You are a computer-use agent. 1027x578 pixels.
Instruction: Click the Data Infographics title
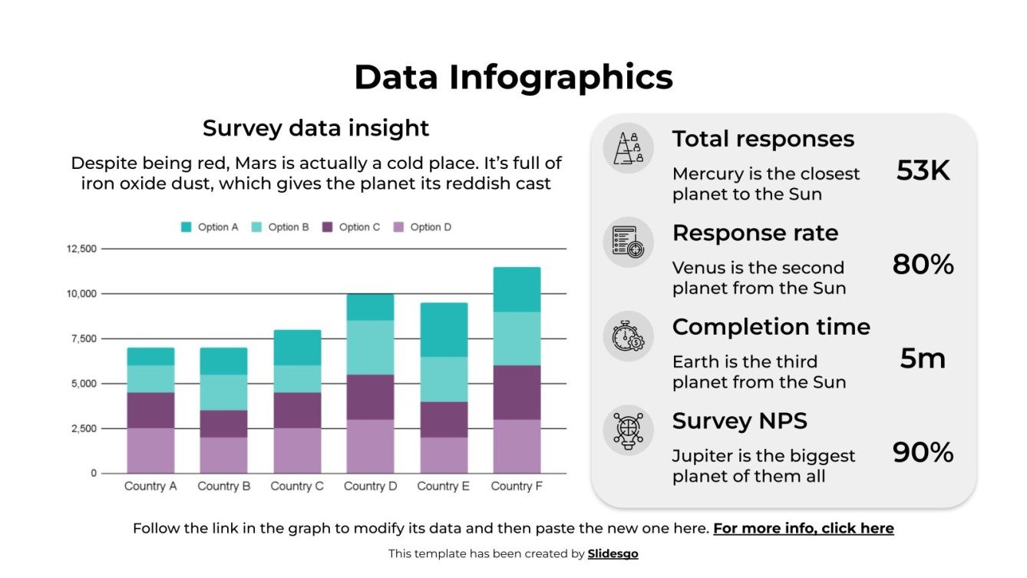tap(513, 78)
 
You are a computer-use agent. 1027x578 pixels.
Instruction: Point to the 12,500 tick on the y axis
tap(82, 249)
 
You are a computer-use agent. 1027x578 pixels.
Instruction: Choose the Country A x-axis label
tap(150, 486)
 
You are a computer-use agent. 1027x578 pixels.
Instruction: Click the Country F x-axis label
tap(517, 486)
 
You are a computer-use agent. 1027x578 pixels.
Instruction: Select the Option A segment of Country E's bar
tap(444, 329)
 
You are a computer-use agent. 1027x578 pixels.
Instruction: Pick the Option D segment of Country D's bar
tap(370, 446)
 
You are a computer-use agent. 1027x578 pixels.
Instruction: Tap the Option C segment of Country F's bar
tap(517, 392)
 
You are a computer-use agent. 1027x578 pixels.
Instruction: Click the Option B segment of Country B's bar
tap(223, 392)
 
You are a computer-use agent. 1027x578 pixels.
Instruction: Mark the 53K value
tap(923, 170)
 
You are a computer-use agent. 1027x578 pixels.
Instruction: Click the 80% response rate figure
tap(923, 265)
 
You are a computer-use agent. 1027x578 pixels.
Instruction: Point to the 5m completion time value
tap(923, 358)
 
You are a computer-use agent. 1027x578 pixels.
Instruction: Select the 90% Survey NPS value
tap(923, 453)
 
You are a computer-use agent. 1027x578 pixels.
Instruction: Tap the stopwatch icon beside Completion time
tap(628, 335)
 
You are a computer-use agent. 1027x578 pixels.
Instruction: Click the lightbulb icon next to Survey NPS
tap(628, 430)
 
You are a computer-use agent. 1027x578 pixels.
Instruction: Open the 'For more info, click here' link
tap(803, 528)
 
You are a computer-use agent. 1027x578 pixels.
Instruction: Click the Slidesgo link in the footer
tap(613, 553)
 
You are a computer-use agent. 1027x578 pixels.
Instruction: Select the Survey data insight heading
tap(315, 128)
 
